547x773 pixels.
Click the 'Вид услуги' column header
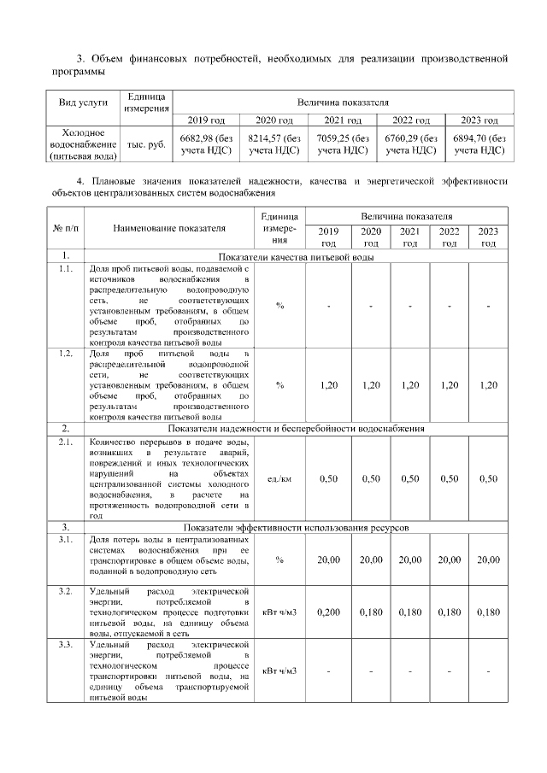(x=83, y=102)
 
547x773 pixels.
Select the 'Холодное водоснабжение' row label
(x=83, y=144)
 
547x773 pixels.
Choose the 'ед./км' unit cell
(x=279, y=479)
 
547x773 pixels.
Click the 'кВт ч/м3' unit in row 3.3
(x=279, y=671)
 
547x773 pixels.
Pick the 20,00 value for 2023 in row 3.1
(x=487, y=559)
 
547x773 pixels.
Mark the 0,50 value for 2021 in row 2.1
(x=410, y=479)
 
